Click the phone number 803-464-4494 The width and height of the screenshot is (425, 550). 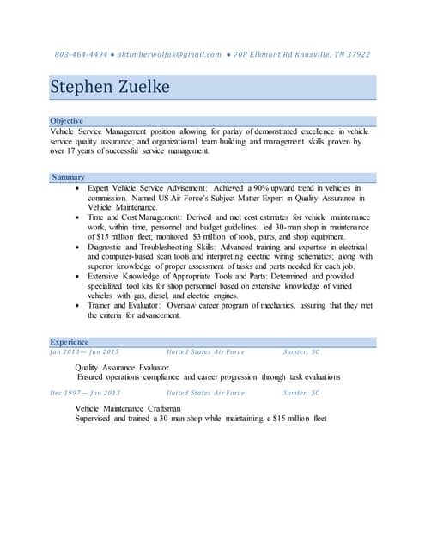pyautogui.click(x=81, y=54)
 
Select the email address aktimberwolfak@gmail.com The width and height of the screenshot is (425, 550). pyautogui.click(x=169, y=54)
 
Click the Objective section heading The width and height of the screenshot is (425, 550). pyautogui.click(x=67, y=121)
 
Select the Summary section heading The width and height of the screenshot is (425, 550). pyautogui.click(x=68, y=177)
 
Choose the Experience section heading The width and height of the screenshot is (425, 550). pyautogui.click(x=70, y=342)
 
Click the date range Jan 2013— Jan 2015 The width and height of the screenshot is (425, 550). pyautogui.click(x=84, y=352)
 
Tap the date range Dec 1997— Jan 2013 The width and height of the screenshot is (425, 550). pyautogui.click(x=85, y=393)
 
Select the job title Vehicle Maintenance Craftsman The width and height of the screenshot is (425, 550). pyautogui.click(x=128, y=407)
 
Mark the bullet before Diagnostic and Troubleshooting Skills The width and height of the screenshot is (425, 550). pyautogui.click(x=79, y=247)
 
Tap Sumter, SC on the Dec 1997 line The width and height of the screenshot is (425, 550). pyautogui.click(x=301, y=393)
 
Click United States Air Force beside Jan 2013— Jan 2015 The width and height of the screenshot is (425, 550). pyautogui.click(x=205, y=352)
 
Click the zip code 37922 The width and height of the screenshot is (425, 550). pyautogui.click(x=356, y=54)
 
